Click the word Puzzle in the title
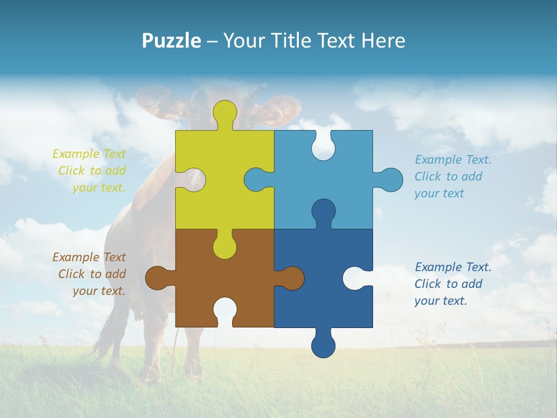pyautogui.click(x=172, y=41)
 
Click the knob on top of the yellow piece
pyautogui.click(x=225, y=113)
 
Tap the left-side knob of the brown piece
pyautogui.click(x=158, y=278)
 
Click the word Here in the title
pyautogui.click(x=384, y=41)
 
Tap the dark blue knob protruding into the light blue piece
pyautogui.click(x=323, y=211)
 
